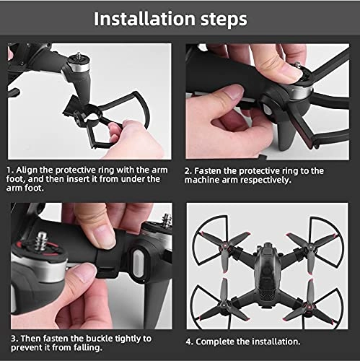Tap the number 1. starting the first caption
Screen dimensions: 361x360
pyautogui.click(x=12, y=171)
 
